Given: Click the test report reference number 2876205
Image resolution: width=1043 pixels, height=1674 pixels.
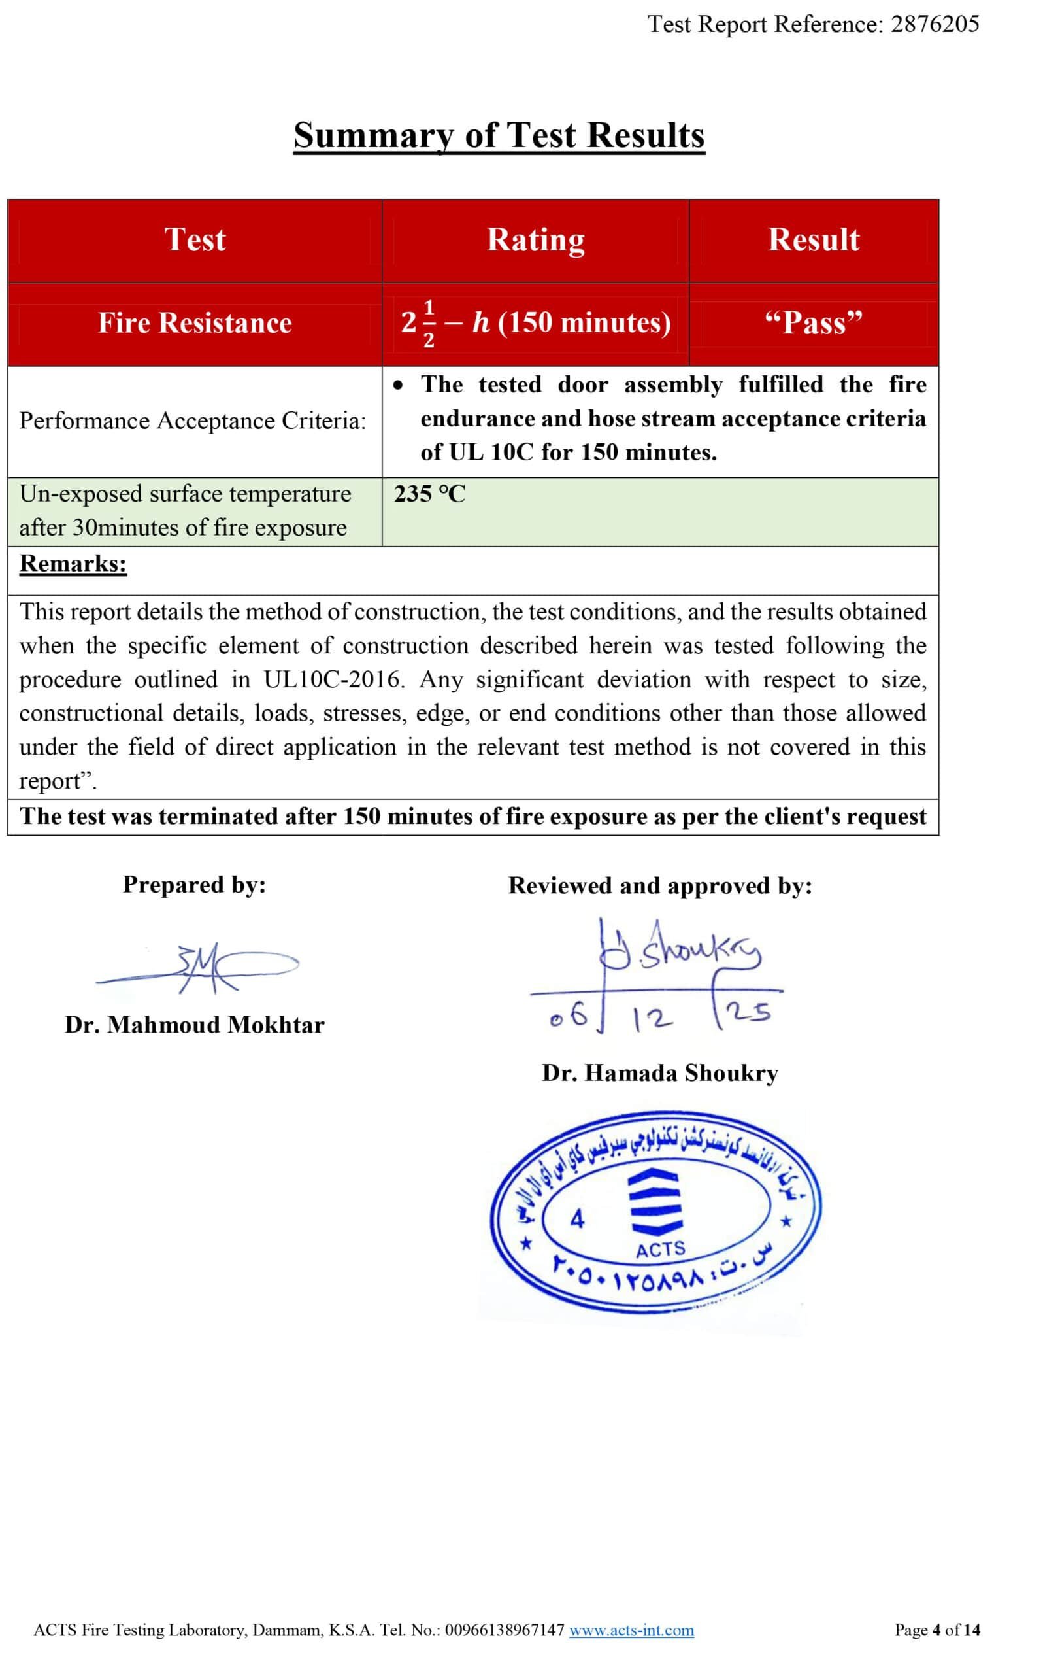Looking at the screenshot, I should click(935, 25).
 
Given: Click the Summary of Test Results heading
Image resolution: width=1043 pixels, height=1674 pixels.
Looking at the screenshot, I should click(499, 135).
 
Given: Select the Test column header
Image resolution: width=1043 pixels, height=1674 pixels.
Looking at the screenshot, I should click(195, 239).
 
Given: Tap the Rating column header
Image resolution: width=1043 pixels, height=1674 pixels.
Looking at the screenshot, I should click(535, 239).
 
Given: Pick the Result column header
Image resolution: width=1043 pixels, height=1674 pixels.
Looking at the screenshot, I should click(814, 239).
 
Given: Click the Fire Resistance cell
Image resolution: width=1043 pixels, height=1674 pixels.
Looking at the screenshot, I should click(195, 323).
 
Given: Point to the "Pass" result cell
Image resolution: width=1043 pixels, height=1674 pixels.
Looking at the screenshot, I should click(814, 323).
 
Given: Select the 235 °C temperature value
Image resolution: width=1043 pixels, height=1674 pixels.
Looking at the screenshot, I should click(430, 494).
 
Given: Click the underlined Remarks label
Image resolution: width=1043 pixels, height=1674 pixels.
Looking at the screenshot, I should click(73, 564).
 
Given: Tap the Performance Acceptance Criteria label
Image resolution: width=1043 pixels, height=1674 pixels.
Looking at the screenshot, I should click(192, 421).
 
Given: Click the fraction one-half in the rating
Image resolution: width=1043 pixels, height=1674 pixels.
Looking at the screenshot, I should click(429, 323).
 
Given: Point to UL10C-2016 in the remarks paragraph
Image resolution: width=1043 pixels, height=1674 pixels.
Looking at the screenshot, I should click(331, 679).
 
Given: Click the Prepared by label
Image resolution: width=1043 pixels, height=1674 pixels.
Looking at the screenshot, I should click(195, 885).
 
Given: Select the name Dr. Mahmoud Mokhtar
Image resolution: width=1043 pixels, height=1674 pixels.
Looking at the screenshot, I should click(195, 1025).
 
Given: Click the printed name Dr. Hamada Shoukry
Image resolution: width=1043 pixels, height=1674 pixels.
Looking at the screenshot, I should click(660, 1073).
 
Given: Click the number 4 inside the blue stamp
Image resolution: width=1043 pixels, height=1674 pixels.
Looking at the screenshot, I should click(576, 1220).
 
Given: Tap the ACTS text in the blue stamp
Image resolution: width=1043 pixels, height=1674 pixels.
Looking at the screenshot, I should click(660, 1249).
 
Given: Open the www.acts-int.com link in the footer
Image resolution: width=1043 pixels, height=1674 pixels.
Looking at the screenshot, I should click(631, 1630).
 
